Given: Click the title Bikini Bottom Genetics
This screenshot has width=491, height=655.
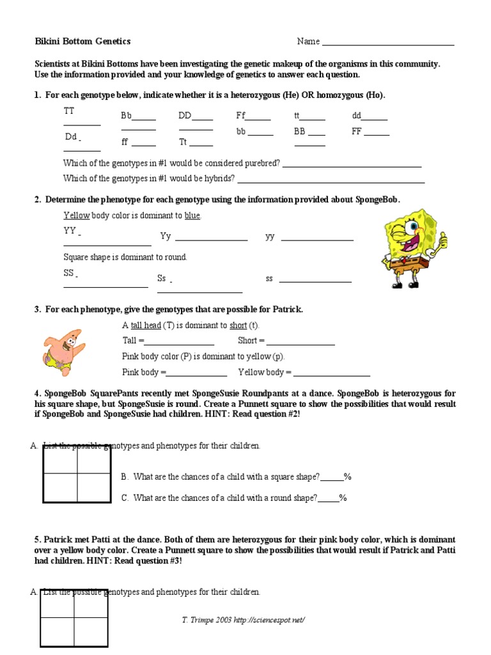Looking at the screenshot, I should click(82, 42).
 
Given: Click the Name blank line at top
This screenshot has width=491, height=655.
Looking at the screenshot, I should click(387, 44).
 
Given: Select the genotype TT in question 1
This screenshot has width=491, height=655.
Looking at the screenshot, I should click(69, 111).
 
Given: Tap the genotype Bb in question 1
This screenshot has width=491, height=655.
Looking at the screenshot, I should click(126, 116).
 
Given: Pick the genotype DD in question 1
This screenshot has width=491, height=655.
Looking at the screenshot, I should click(185, 116).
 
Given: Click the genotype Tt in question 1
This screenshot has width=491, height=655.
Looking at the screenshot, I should click(183, 142).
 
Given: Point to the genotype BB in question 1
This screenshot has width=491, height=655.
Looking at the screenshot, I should click(299, 132).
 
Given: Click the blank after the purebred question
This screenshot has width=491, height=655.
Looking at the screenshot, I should click(352, 166).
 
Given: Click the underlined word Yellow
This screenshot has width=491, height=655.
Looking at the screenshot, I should click(77, 216).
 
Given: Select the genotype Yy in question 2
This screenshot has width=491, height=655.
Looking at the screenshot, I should click(166, 237).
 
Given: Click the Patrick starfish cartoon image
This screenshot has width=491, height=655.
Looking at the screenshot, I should click(64, 349).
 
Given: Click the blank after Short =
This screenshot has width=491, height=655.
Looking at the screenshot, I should click(300, 344).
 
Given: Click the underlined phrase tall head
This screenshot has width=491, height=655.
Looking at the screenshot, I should click(146, 326).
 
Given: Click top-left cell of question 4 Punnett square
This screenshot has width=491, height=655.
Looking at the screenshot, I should click(60, 459).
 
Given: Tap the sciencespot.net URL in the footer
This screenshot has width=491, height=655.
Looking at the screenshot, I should click(269, 620).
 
